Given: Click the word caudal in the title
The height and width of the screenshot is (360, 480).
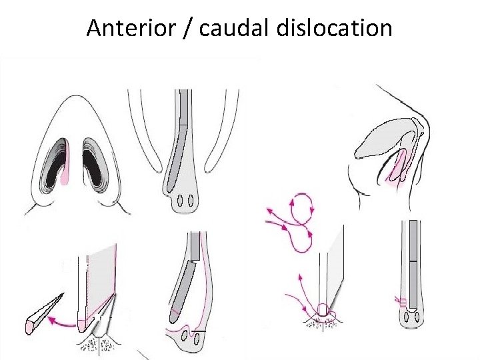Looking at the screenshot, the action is coord(223,28).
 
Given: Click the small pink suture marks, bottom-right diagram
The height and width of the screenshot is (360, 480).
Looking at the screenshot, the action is coord(401,301).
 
